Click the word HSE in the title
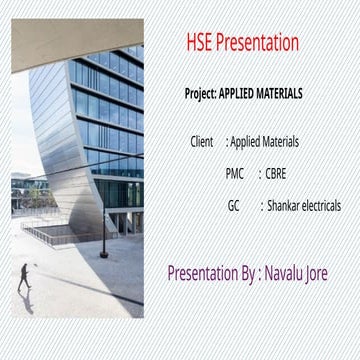(x=200, y=43)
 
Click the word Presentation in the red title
(x=258, y=43)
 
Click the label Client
(x=202, y=142)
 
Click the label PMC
(x=235, y=174)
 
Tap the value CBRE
(x=276, y=174)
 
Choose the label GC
(x=234, y=206)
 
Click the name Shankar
(x=285, y=206)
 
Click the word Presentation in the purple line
(x=203, y=271)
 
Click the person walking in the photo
(x=23, y=279)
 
